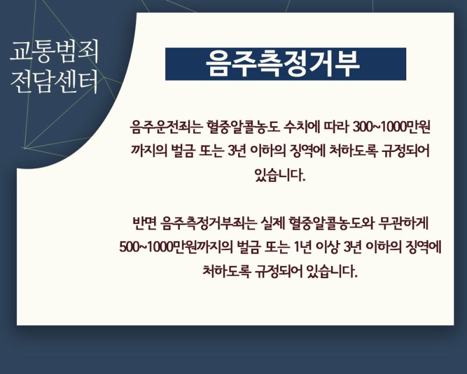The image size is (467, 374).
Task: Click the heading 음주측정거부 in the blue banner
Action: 283,64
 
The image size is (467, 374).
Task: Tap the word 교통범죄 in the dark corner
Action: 54,51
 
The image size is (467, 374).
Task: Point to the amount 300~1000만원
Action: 391,127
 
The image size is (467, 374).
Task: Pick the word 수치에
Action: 301,127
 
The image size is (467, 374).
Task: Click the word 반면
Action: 144,224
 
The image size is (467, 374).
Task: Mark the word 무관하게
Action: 403,224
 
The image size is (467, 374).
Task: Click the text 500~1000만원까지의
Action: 176,247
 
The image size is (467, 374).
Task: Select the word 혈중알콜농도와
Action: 332,224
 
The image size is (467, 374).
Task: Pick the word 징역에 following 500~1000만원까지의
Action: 423,247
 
